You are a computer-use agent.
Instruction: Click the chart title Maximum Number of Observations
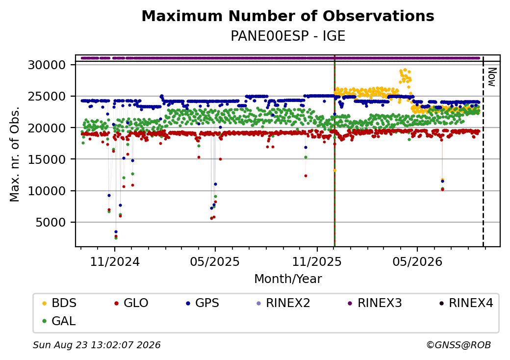point(288,16)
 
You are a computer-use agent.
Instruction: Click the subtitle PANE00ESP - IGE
point(288,36)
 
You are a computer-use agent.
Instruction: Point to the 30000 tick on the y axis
point(47,65)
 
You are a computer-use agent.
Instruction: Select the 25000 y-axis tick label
point(47,97)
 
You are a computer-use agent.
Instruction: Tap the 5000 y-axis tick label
point(50,223)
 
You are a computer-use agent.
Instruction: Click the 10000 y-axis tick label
point(47,191)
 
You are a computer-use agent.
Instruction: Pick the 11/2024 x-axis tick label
point(114,262)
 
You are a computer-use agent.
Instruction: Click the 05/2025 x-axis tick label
point(215,262)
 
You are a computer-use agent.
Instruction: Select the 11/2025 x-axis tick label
point(317,262)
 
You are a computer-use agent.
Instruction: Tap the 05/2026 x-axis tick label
point(417,262)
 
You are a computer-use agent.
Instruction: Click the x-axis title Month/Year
point(288,279)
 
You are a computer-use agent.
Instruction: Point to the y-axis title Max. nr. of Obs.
point(15,154)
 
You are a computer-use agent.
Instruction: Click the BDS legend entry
point(59,303)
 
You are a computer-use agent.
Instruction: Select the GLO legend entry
point(131,303)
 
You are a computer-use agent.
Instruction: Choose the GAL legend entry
point(59,321)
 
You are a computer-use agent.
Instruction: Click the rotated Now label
point(492,77)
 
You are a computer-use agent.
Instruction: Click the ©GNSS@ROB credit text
point(459,345)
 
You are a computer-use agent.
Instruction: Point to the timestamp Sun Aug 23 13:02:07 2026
point(97,345)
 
